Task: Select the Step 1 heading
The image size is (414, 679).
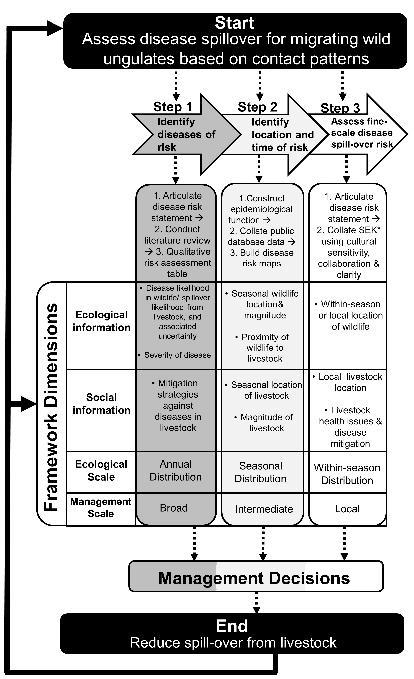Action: click(x=173, y=107)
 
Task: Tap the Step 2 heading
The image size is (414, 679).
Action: click(x=257, y=107)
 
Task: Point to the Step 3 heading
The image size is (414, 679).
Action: click(x=340, y=108)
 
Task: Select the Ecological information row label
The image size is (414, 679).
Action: click(x=101, y=321)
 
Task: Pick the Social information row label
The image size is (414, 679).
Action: click(x=101, y=404)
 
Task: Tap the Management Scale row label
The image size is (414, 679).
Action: click(x=101, y=508)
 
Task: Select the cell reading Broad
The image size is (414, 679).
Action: click(x=174, y=508)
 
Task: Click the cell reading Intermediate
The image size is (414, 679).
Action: click(x=264, y=509)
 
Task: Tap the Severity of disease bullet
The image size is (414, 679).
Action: click(x=177, y=355)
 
